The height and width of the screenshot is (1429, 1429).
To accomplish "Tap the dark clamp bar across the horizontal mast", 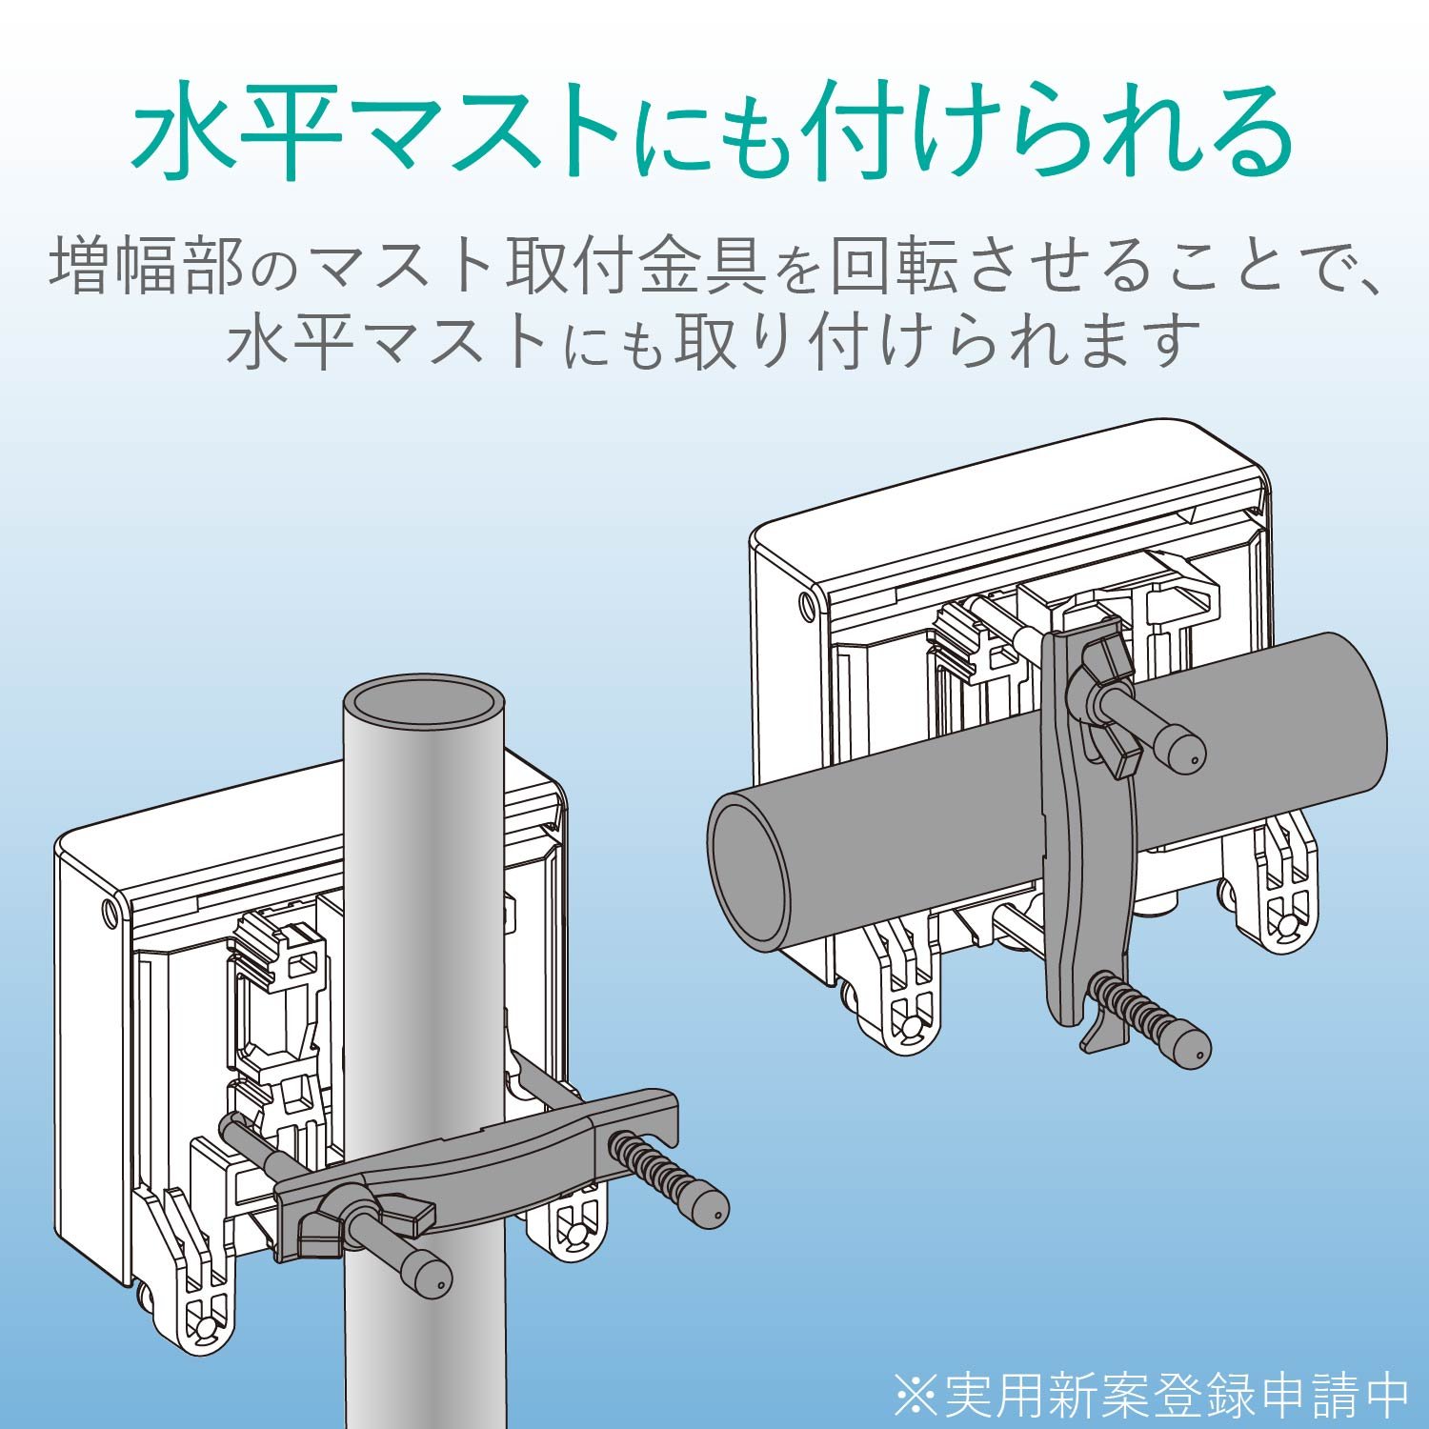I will tap(1077, 857).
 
